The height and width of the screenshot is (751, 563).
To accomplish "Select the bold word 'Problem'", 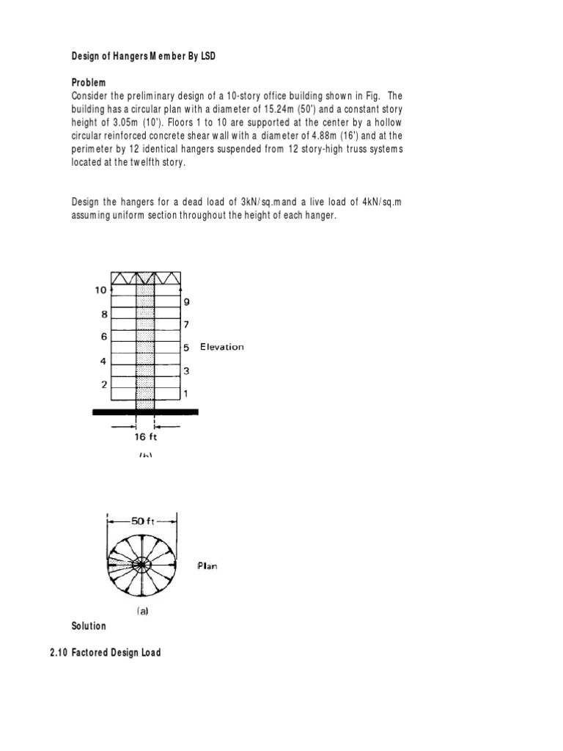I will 89,83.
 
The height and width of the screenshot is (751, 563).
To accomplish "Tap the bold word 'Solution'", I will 89,626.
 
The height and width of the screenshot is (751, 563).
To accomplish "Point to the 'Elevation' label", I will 222,347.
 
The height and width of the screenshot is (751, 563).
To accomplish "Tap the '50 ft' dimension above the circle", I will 143,521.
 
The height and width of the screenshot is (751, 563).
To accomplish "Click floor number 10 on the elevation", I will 100,290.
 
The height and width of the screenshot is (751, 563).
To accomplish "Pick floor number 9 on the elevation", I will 186,301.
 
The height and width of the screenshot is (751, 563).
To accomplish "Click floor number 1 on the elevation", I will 186,394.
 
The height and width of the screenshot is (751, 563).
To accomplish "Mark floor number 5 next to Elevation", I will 186,347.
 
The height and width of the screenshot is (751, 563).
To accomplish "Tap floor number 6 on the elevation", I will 103,337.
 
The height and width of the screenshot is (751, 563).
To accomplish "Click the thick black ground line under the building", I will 145,412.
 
